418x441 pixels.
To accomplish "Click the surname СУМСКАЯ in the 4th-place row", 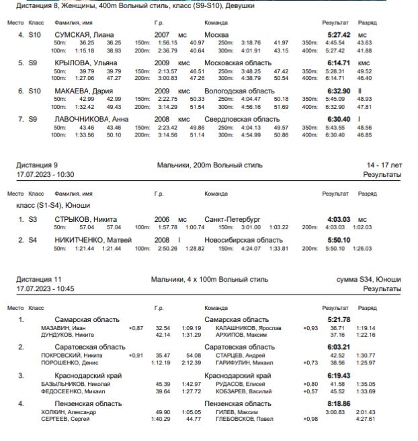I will [x=73, y=34].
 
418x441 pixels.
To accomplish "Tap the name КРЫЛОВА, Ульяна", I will [x=86, y=63].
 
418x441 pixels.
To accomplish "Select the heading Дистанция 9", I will [x=37, y=165].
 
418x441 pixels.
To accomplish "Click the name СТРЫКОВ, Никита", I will [x=85, y=219].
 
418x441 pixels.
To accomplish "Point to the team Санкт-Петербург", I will [x=232, y=219].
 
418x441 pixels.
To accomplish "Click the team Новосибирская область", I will [x=243, y=240].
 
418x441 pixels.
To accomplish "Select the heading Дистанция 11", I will [x=39, y=279].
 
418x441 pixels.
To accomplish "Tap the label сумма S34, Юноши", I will [x=369, y=279].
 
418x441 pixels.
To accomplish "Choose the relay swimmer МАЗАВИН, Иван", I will [x=60, y=328].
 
